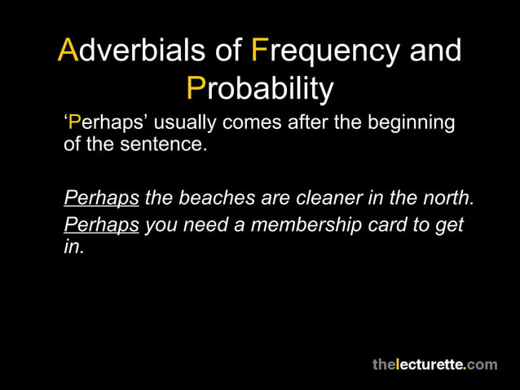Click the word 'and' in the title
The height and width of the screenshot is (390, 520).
click(x=434, y=51)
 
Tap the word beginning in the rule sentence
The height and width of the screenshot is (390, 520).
click(x=412, y=123)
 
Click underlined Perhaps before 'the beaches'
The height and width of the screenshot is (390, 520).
click(x=101, y=198)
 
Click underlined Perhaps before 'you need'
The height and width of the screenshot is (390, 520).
click(x=101, y=224)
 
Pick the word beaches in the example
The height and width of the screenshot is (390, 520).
click(x=215, y=198)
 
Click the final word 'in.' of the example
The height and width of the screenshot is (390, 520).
click(x=73, y=247)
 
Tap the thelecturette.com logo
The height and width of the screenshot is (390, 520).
click(x=434, y=364)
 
